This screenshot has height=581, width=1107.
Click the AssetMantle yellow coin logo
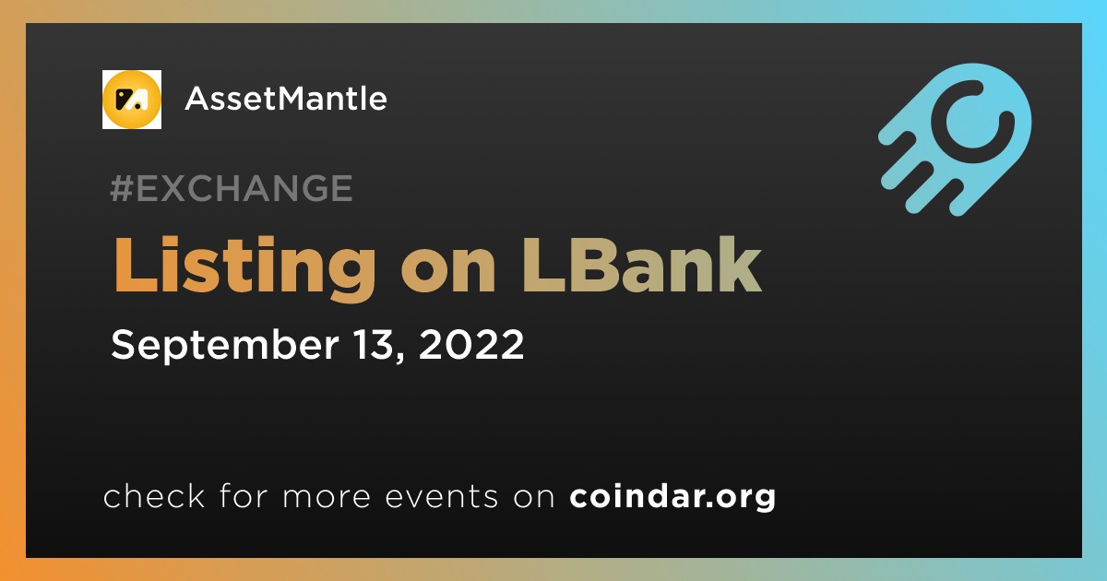131,100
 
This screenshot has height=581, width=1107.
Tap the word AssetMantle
286,99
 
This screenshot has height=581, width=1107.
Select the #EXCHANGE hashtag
232,188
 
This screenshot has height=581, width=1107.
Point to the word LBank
642,265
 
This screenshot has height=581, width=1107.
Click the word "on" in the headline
448,274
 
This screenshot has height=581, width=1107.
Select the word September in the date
225,346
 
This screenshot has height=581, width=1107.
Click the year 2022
471,344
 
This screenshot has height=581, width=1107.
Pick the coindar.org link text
673,497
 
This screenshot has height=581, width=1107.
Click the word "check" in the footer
154,495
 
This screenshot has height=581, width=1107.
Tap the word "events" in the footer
442,497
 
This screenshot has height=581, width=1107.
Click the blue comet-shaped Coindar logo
955,139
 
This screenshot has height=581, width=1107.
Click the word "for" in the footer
244,495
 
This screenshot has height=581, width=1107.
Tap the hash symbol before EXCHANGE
122,188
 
